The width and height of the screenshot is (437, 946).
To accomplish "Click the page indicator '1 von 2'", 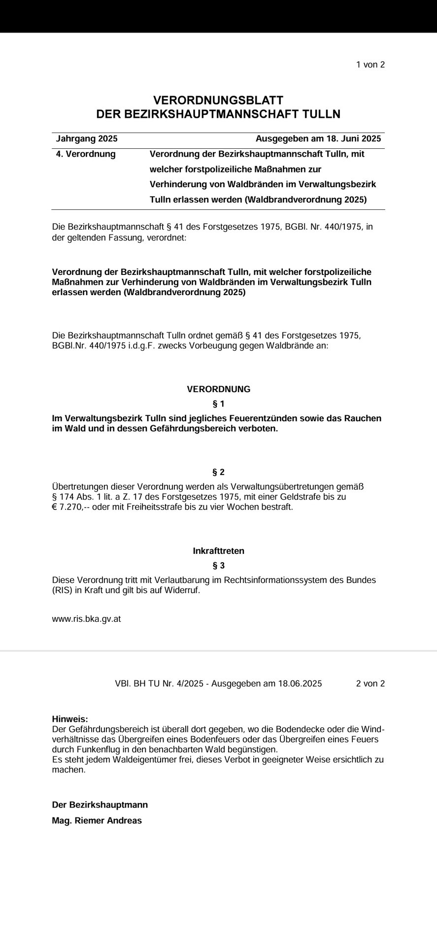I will pyautogui.click(x=370, y=65).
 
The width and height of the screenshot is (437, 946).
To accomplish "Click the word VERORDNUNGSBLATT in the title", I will pyautogui.click(x=218, y=101).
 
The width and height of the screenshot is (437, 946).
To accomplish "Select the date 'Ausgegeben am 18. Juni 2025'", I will pyautogui.click(x=318, y=139).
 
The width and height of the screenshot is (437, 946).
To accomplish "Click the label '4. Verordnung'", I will pyautogui.click(x=86, y=154).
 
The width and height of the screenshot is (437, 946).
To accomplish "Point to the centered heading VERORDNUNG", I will pyautogui.click(x=218, y=389).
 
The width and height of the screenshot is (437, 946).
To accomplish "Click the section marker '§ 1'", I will pyautogui.click(x=218, y=404).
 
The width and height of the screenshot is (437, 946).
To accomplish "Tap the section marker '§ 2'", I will pyautogui.click(x=218, y=473).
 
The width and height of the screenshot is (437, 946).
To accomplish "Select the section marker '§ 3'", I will pyautogui.click(x=218, y=565).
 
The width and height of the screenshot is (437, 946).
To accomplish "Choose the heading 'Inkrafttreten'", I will pyautogui.click(x=218, y=551).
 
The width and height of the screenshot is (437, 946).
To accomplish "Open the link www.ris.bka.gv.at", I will pyautogui.click(x=86, y=619).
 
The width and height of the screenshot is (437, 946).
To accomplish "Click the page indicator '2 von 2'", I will pyautogui.click(x=370, y=683).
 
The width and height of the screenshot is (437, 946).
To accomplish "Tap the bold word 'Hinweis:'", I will pyautogui.click(x=69, y=719).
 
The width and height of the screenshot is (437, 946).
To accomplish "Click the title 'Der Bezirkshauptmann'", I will pyautogui.click(x=100, y=805).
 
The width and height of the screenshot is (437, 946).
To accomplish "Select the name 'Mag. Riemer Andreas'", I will pyautogui.click(x=97, y=820).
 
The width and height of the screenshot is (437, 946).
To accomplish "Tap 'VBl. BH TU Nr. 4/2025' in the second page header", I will pyautogui.click(x=160, y=683).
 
